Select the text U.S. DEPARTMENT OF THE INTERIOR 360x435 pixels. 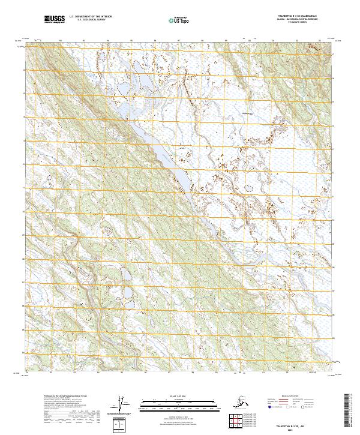click(90, 18)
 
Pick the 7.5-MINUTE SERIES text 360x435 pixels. click(302, 23)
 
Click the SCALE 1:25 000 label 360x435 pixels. click(180, 397)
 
